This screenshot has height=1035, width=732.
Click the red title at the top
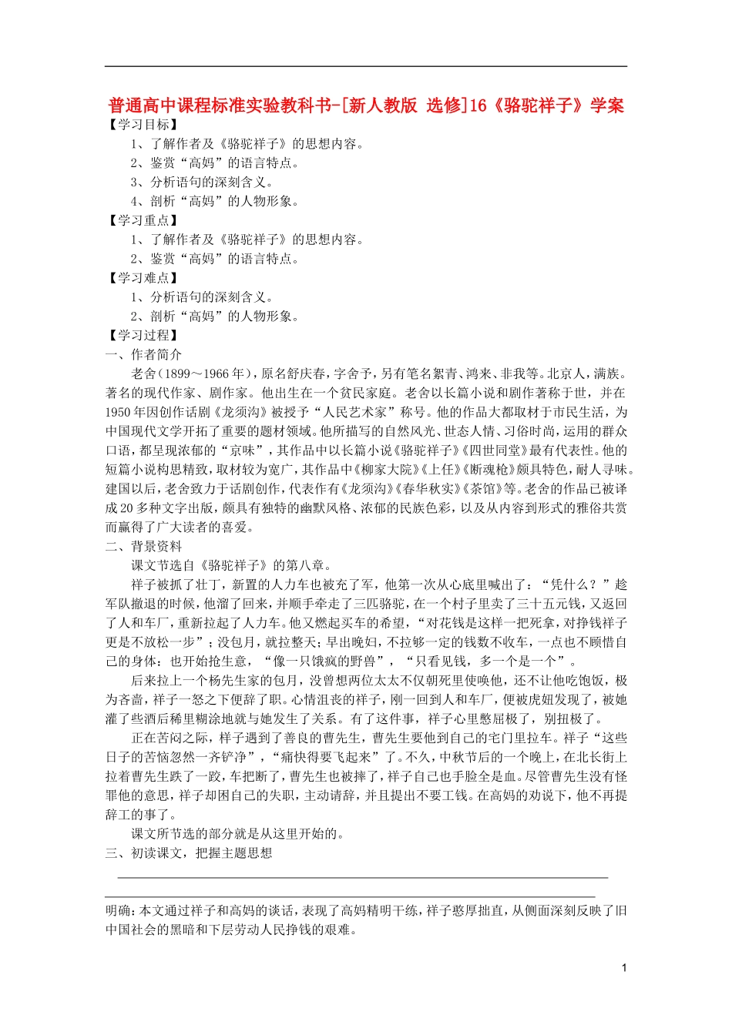(366, 106)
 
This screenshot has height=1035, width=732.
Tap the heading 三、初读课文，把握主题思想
(189, 853)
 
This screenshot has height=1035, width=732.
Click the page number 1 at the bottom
(623, 968)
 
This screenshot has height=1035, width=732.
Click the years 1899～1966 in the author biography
(203, 374)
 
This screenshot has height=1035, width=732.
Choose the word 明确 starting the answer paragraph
(119, 911)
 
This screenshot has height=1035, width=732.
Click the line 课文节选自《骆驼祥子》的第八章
(232, 566)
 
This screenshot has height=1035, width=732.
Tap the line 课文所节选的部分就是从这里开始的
(237, 834)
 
